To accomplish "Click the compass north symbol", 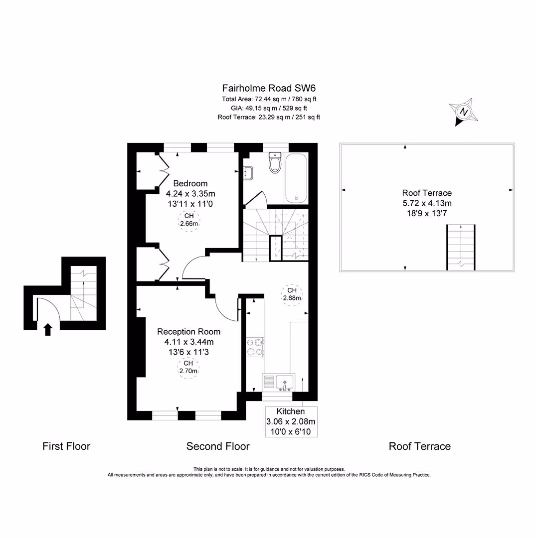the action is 464,112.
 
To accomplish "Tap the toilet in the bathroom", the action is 275,163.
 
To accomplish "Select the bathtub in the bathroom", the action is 296,178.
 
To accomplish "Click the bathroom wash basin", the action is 248,173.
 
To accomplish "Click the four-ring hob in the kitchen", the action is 255,347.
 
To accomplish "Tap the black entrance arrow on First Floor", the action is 48,329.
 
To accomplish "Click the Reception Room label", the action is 188,331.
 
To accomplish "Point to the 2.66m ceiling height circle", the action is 189,220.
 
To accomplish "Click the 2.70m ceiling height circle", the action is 188,367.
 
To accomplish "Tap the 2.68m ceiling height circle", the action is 292,294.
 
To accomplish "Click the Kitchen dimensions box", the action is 291,421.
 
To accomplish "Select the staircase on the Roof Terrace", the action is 461,247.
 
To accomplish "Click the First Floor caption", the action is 66,446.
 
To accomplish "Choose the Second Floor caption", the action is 218,446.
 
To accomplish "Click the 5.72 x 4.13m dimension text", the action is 427,203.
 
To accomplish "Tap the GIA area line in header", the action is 269,108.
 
